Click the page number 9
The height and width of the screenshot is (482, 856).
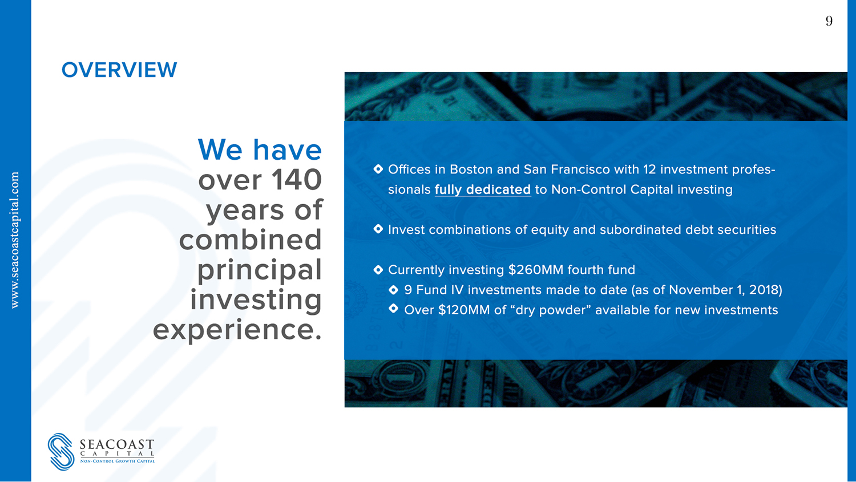[x=829, y=21]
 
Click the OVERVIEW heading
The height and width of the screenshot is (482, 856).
[x=119, y=70]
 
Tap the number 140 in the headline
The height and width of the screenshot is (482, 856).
[x=297, y=180]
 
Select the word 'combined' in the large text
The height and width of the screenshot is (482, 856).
[x=251, y=240]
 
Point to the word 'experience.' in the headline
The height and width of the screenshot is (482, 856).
[x=237, y=330]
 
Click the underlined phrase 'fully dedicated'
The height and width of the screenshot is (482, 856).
[x=483, y=190]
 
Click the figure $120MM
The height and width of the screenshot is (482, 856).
[x=464, y=310]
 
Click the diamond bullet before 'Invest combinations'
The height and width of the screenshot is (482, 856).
[x=378, y=229]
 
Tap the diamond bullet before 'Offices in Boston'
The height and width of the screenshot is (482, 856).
[x=378, y=169]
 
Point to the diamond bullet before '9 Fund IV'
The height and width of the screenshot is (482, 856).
[x=394, y=290]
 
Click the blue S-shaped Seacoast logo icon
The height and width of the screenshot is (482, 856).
[x=61, y=451]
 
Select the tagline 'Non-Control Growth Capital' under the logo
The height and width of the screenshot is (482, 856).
[x=118, y=461]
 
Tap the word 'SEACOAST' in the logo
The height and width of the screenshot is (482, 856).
[x=117, y=444]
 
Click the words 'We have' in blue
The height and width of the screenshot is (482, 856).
[x=260, y=149]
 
